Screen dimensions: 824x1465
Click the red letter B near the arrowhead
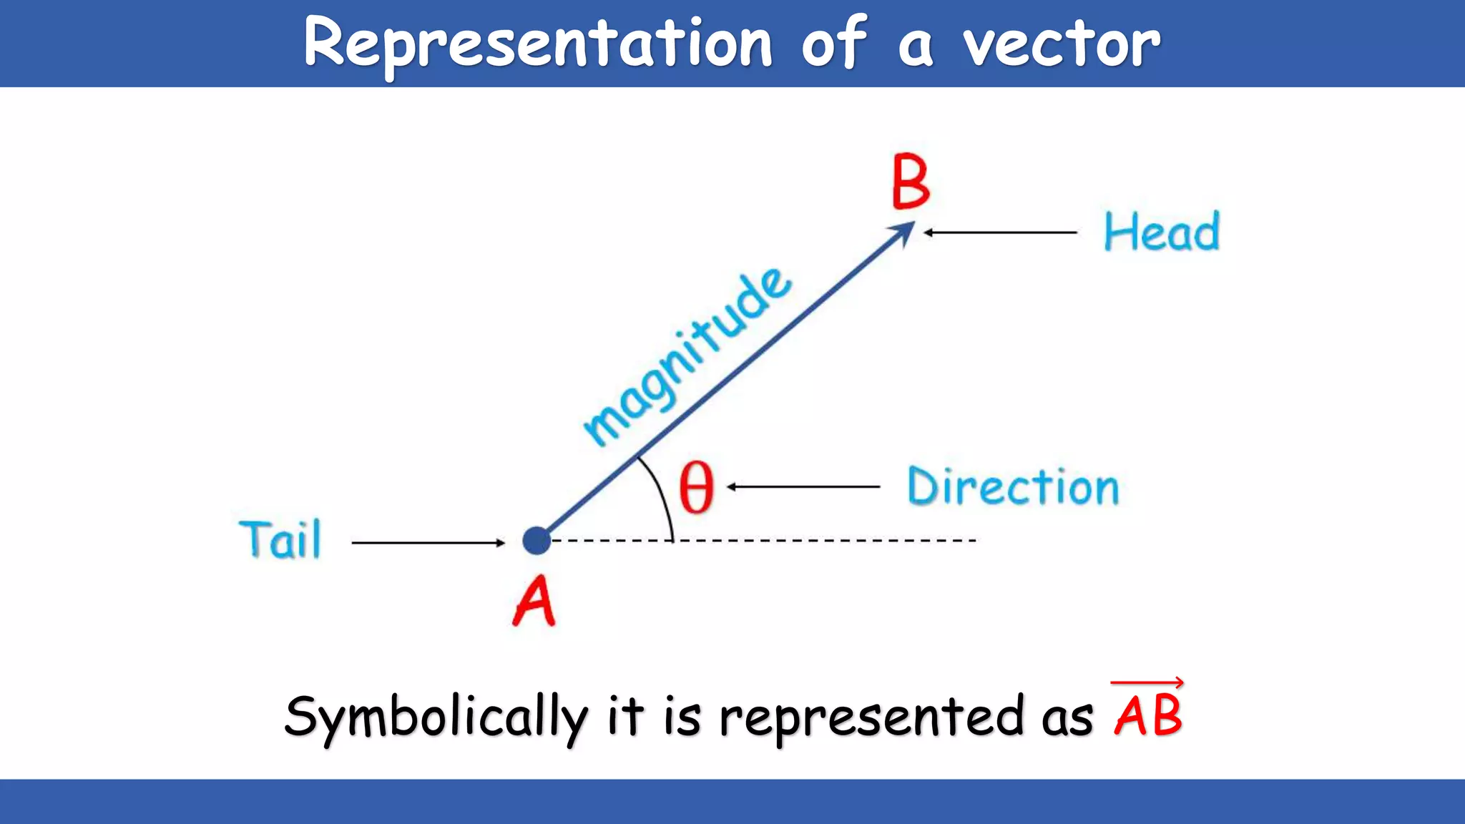tap(911, 182)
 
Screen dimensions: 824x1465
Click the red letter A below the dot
tap(534, 602)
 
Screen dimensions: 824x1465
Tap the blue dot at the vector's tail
tap(536, 541)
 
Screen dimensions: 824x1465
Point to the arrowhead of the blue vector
tap(904, 231)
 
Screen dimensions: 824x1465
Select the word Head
tap(1161, 232)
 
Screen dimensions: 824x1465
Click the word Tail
tap(280, 540)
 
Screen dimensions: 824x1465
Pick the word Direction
tap(1013, 487)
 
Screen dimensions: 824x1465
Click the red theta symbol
tap(696, 487)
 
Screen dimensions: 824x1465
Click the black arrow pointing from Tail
tap(428, 543)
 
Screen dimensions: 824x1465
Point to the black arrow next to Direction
tap(803, 487)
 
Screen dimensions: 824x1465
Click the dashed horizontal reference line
tap(823, 541)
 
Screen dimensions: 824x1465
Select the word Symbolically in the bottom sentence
tap(436, 717)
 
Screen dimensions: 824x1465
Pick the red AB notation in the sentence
tap(1147, 715)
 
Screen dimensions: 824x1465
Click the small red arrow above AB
tap(1147, 683)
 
